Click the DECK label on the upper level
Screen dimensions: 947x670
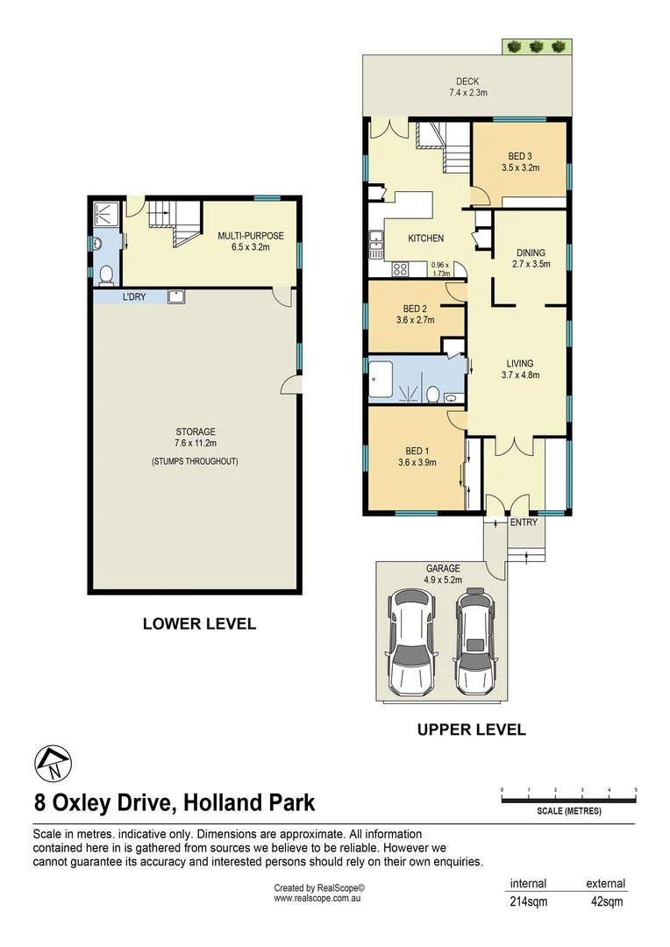tap(467, 82)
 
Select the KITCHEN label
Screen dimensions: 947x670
tap(426, 239)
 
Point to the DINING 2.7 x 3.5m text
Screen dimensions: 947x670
tap(532, 259)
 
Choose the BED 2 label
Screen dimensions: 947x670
tap(415, 309)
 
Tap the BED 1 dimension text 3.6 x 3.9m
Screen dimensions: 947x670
tap(417, 462)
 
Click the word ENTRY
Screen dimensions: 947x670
tap(524, 523)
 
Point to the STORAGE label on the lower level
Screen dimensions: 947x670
tap(195, 431)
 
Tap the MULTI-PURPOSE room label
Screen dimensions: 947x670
tap(251, 235)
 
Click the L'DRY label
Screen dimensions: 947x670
tap(133, 297)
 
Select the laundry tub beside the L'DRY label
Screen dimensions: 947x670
tap(175, 296)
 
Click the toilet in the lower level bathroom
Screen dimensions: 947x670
tap(105, 275)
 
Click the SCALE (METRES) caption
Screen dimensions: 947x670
tap(568, 811)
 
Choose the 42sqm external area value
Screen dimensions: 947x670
tap(605, 901)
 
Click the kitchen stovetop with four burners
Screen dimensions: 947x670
tap(399, 268)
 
